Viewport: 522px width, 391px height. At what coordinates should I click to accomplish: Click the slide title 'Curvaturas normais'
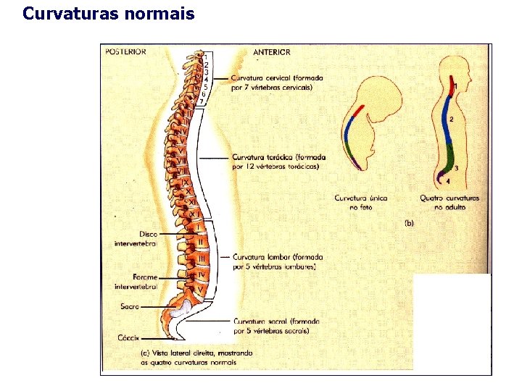[x=109, y=13]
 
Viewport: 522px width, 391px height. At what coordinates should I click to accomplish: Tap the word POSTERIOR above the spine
[x=125, y=51]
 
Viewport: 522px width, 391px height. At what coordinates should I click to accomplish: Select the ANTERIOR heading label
[x=272, y=52]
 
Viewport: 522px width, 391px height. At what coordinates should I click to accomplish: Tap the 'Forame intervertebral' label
[x=136, y=282]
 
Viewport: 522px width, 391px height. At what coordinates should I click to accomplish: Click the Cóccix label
[x=128, y=337]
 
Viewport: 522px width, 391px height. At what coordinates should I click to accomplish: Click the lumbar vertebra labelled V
[x=199, y=290]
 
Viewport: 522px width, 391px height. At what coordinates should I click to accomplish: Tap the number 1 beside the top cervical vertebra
[x=206, y=56]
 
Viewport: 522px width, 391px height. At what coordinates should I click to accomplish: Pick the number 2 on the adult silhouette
[x=452, y=119]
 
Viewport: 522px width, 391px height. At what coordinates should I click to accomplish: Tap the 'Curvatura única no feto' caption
[x=360, y=202]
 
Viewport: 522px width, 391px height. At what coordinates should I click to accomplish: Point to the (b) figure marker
[x=408, y=224]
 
